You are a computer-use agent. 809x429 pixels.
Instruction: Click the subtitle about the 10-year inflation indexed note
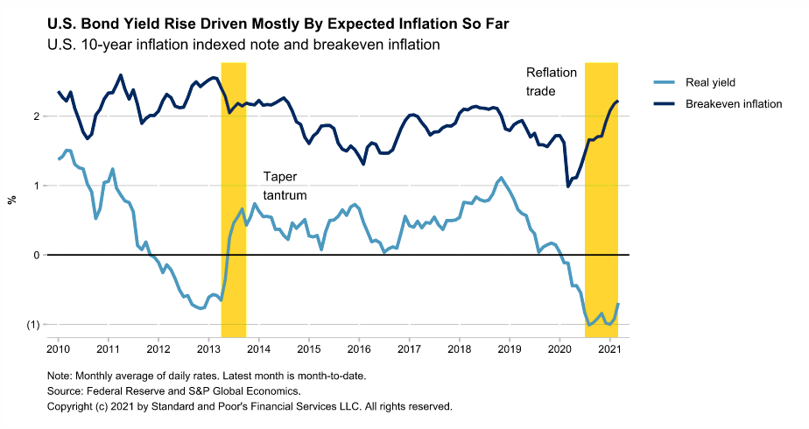pyautogui.click(x=243, y=44)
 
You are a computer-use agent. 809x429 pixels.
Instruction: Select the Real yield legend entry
pyautogui.click(x=709, y=82)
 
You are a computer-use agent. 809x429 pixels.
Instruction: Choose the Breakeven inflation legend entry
pyautogui.click(x=733, y=103)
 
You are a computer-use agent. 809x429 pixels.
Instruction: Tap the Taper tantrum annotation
pyautogui.click(x=285, y=186)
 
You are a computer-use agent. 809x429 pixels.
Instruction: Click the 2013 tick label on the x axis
pyautogui.click(x=208, y=348)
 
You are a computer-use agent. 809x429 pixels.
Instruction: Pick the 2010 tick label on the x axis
pyautogui.click(x=59, y=348)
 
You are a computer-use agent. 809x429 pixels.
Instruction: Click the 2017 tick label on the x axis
pyautogui.click(x=408, y=348)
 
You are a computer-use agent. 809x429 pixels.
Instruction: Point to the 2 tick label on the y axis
pyautogui.click(x=36, y=116)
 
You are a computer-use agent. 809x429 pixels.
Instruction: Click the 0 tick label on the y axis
pyautogui.click(x=36, y=256)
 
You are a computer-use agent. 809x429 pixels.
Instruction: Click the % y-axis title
pyautogui.click(x=12, y=200)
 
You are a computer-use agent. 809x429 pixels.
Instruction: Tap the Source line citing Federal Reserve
pyautogui.click(x=173, y=391)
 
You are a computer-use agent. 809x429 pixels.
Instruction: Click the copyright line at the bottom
pyautogui.click(x=249, y=407)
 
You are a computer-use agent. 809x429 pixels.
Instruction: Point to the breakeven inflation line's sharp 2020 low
pyautogui.click(x=568, y=186)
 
